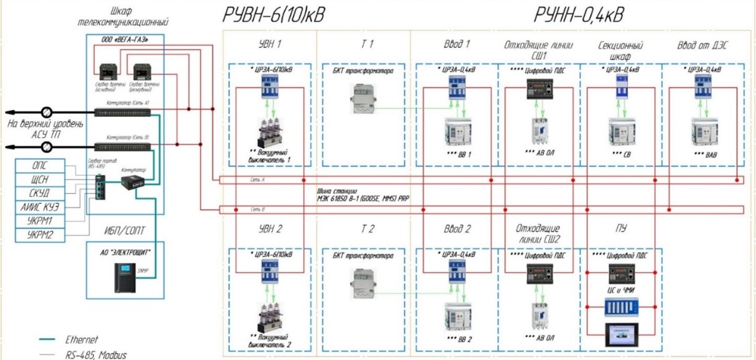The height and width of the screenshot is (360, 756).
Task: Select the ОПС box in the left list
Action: (39, 166)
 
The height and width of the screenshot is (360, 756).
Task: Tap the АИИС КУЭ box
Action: (39, 207)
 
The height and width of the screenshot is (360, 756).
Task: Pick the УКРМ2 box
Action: (39, 235)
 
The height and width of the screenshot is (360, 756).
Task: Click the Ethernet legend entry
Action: (82, 339)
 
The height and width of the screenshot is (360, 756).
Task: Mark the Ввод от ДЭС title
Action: (703, 46)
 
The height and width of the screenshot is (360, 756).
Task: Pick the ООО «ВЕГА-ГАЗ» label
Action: (123, 39)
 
